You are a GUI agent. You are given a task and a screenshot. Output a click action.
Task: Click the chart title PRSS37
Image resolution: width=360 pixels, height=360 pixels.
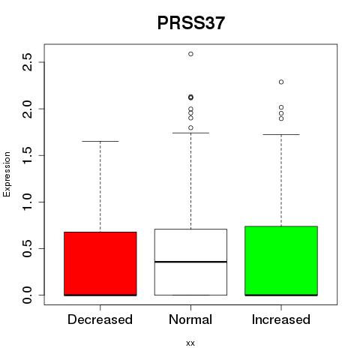191,23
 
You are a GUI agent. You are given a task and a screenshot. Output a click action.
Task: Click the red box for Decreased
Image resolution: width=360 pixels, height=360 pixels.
100,264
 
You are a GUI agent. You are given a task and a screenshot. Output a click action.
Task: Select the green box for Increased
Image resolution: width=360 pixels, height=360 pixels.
281,261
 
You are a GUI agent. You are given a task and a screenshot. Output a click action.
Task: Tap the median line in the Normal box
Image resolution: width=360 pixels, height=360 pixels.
190,262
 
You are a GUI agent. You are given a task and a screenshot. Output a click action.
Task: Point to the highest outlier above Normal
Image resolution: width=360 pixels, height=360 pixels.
190,54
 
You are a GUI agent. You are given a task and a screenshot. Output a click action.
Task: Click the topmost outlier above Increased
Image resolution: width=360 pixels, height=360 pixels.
281,82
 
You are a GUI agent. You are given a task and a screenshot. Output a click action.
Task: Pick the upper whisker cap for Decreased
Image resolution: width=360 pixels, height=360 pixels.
100,141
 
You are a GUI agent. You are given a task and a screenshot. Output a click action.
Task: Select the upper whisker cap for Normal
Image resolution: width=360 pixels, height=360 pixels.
190,133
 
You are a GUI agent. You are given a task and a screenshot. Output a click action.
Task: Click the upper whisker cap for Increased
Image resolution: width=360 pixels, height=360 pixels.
281,134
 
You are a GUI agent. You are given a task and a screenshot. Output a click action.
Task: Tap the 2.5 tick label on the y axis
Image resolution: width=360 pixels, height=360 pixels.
27,62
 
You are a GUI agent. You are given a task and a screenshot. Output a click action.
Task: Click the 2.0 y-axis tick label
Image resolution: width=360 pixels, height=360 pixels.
27,109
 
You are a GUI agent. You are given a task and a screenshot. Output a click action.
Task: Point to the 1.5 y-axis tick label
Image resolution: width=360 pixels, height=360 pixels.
27,155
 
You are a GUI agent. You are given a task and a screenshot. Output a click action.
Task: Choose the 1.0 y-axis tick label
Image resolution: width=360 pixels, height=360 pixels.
27,202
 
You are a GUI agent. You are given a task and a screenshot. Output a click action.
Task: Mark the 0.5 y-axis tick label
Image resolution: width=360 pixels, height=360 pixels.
27,248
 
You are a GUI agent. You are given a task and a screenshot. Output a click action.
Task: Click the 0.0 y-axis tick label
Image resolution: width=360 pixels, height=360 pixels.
27,295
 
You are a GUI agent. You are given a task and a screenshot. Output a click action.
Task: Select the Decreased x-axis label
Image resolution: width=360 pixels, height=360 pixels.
100,319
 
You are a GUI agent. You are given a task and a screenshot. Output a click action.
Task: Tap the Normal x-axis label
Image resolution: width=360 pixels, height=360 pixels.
190,319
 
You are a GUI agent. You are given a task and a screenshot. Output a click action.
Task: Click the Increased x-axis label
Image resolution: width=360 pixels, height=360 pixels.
281,319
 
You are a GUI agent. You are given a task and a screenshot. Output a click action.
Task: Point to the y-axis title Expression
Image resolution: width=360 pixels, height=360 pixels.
7,174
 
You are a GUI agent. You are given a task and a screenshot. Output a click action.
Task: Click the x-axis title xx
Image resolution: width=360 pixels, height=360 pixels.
190,343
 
